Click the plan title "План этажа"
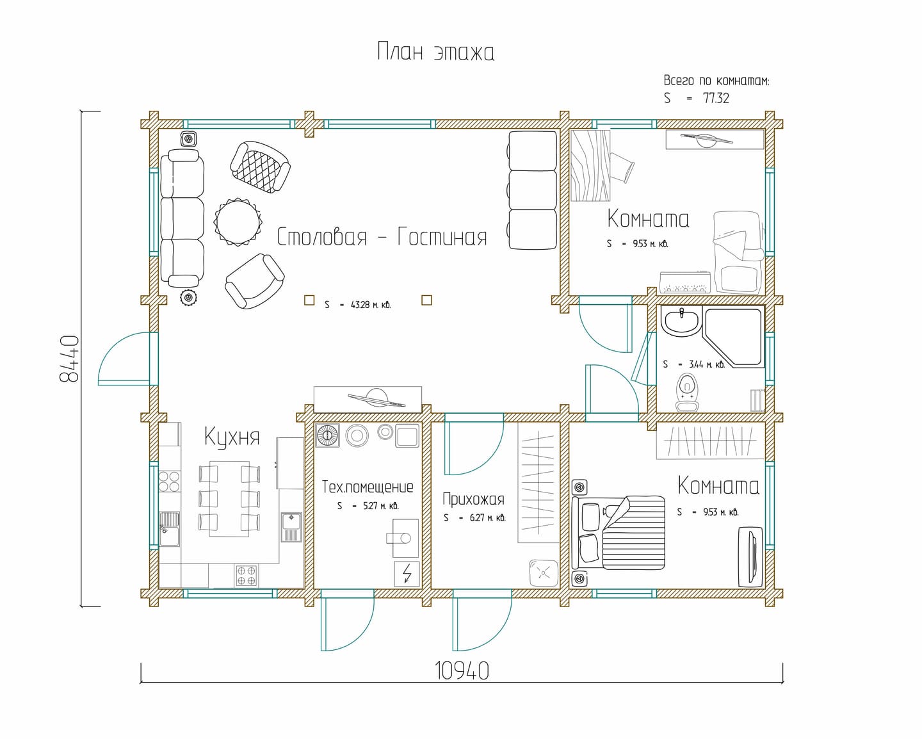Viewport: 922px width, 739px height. tap(436, 52)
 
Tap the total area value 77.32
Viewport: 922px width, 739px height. tap(716, 98)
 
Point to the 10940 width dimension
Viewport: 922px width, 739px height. tap(462, 671)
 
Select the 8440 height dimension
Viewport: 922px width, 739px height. tap(69, 359)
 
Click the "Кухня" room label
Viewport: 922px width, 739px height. tap(232, 437)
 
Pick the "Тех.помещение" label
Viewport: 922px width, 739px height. tap(368, 487)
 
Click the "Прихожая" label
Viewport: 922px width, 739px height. tap(473, 499)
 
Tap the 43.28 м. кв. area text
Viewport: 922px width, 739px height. tap(371, 305)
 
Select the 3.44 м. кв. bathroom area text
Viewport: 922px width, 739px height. tap(707, 365)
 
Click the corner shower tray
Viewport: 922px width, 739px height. tap(734, 337)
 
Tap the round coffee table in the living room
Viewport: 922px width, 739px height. tap(238, 222)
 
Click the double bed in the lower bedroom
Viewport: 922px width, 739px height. tap(619, 533)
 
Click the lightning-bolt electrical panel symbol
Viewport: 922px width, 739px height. tap(407, 574)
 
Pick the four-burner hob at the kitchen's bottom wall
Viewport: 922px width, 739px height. tap(247, 575)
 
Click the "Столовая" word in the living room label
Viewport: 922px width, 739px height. tap(322, 236)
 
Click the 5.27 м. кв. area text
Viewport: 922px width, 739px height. tap(380, 507)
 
